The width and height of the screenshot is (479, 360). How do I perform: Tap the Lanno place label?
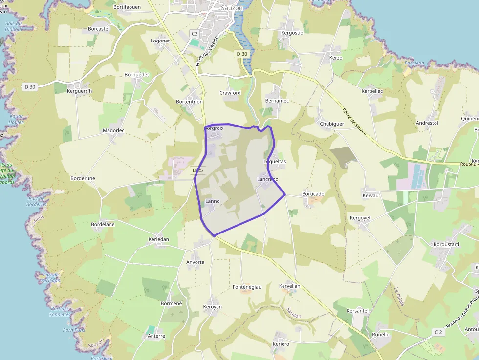213,201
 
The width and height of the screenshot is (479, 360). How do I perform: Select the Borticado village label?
313,194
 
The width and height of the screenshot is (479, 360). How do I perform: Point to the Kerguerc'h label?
79,91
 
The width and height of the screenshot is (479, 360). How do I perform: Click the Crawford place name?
230,93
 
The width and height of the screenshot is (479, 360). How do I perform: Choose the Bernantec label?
277,101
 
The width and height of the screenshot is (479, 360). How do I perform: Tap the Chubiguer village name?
332,124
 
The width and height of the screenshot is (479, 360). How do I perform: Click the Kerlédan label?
158,239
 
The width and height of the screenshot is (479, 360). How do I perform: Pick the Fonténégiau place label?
247,287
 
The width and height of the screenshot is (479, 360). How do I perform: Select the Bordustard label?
446,244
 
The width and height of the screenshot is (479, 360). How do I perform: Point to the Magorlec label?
113,131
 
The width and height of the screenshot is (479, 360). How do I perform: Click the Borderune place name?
83,179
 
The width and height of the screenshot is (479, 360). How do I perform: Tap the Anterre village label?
156,336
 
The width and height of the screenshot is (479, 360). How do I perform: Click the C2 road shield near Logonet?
195,34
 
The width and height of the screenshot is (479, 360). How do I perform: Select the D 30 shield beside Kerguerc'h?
30,87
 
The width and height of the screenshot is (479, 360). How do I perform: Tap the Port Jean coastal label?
414,63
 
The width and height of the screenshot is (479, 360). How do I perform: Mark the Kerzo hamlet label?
336,58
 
